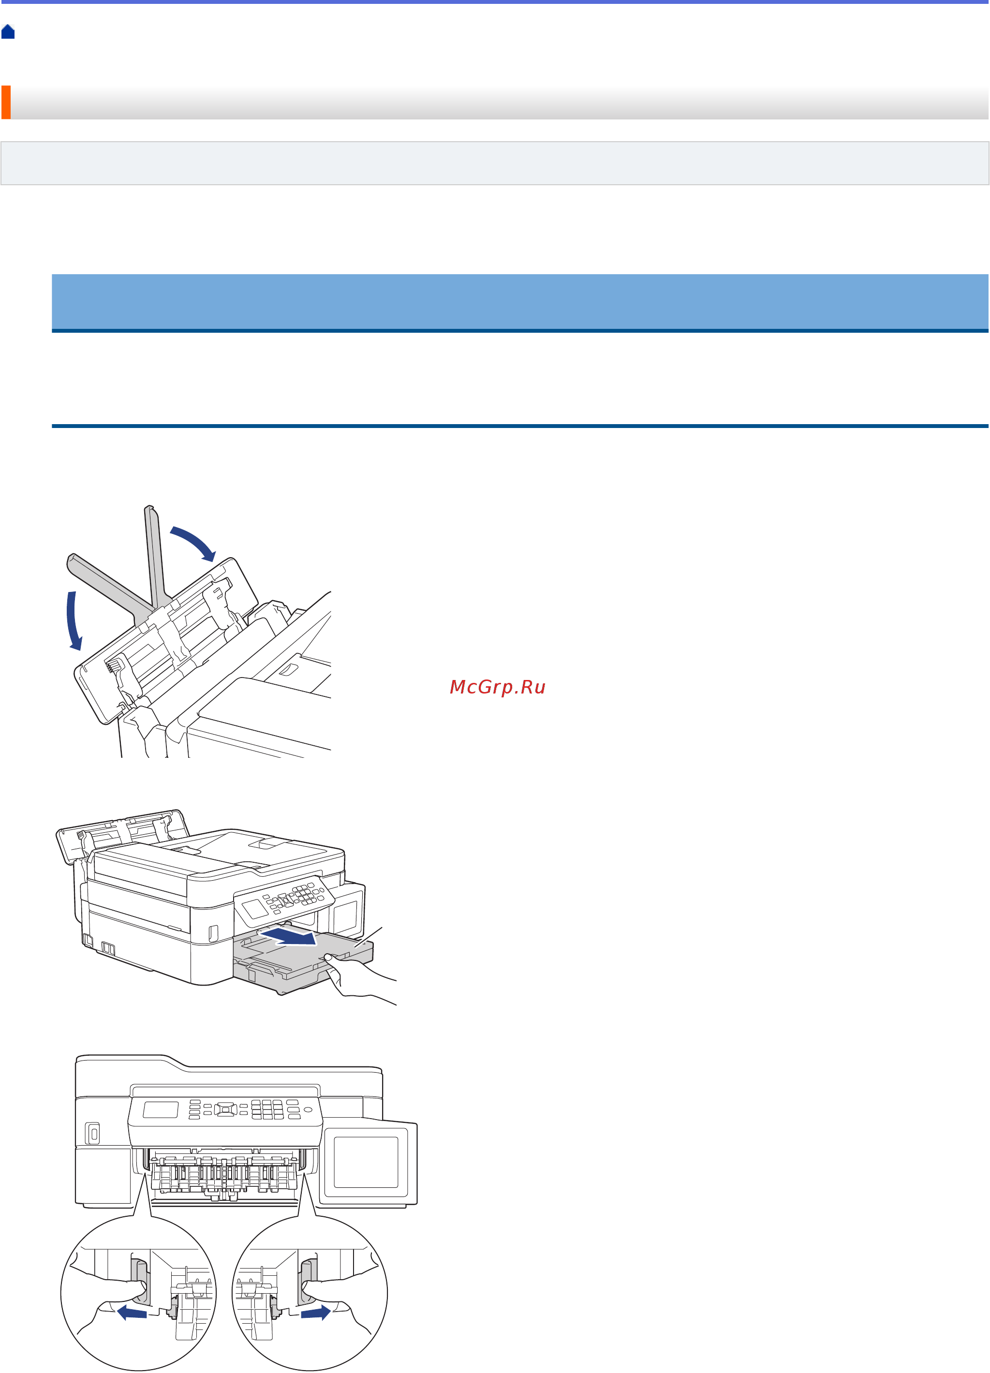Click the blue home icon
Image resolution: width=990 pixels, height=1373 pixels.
[8, 31]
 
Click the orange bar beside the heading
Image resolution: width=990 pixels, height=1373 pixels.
[5, 103]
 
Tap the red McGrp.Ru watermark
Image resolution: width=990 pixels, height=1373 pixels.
[497, 687]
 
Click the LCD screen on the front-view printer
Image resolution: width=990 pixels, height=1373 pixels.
[161, 1109]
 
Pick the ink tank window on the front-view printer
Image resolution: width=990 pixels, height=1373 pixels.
[366, 1162]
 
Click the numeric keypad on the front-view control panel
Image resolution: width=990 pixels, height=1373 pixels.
[267, 1109]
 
